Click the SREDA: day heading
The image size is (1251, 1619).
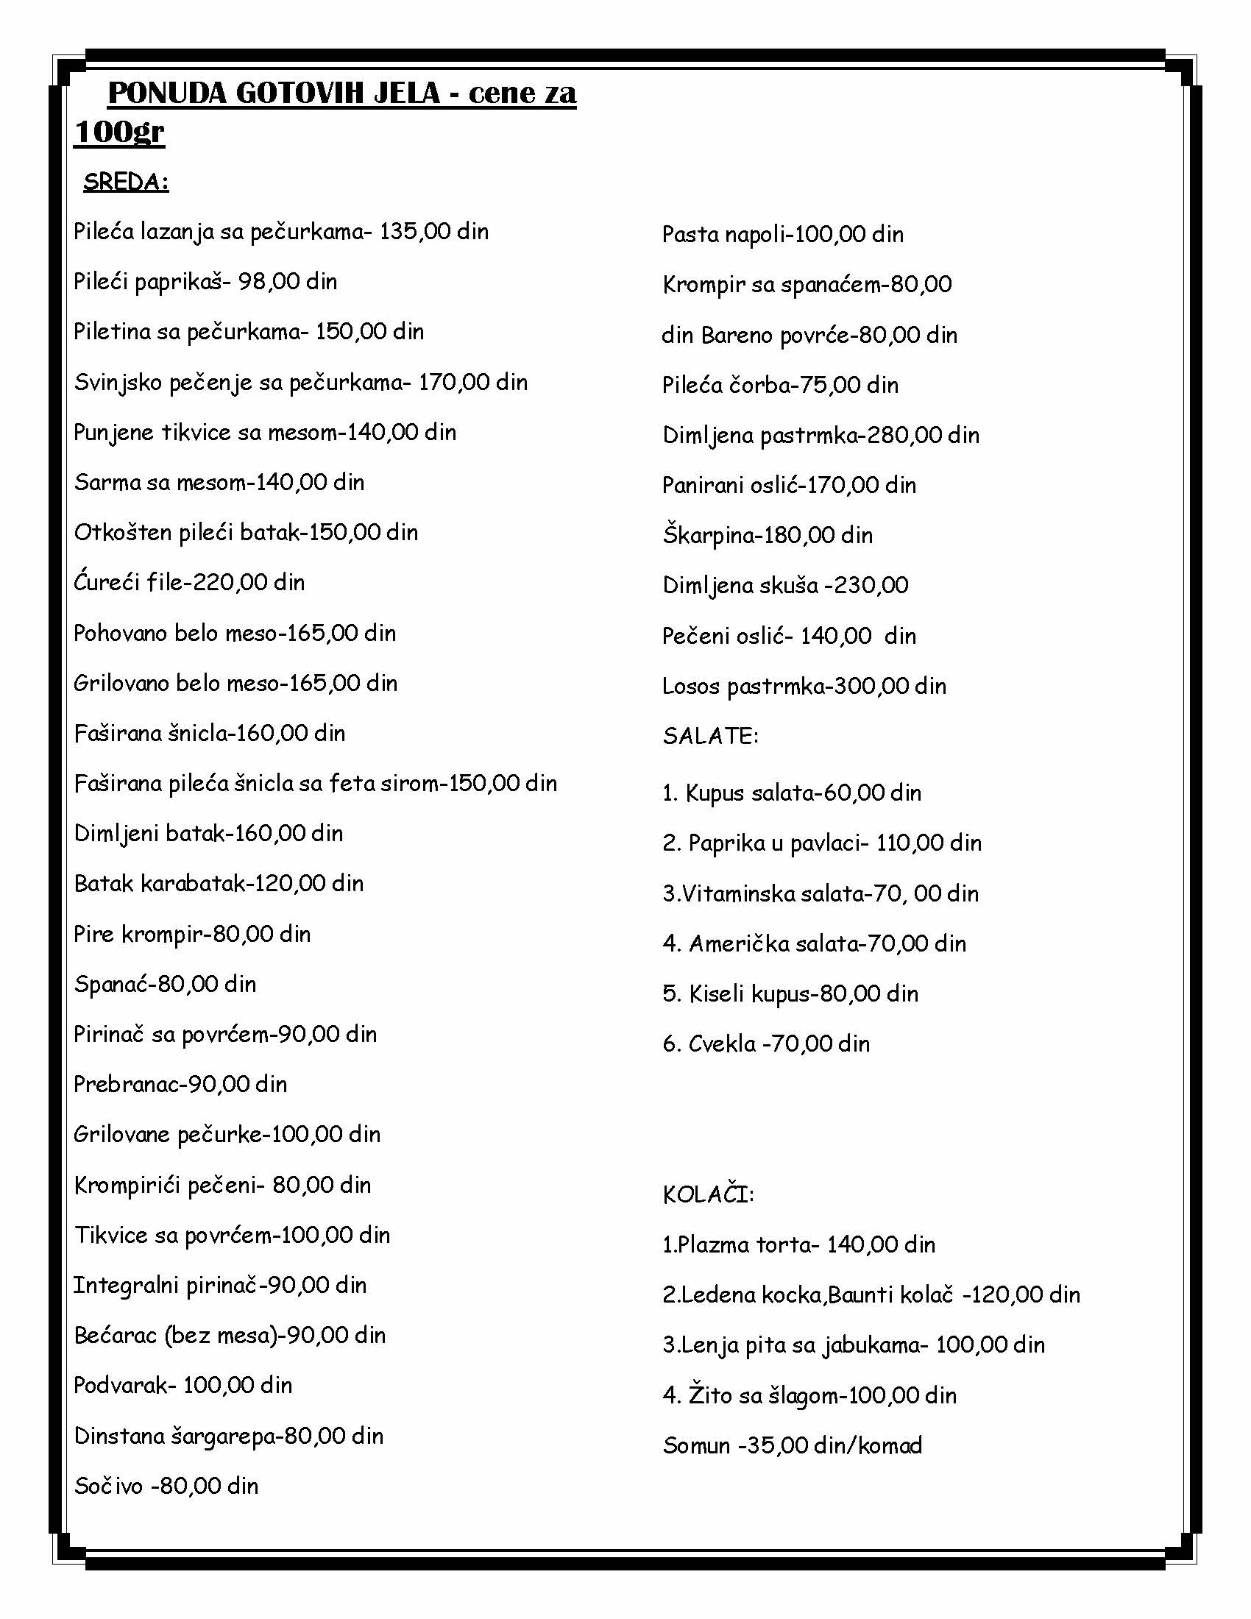(126, 183)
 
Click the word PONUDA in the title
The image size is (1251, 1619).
(168, 93)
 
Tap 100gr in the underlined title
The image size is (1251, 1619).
(119, 132)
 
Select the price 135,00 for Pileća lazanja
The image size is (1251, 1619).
(415, 232)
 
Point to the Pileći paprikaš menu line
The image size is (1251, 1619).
(205, 282)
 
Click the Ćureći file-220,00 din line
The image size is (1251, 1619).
(189, 583)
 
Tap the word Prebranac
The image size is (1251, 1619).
(126, 1085)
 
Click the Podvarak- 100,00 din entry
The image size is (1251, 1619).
(183, 1386)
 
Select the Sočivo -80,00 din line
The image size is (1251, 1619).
(166, 1487)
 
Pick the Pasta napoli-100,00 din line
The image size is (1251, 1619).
(783, 235)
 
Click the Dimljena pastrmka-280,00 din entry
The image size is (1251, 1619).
(821, 435)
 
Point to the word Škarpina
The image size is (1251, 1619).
(706, 535)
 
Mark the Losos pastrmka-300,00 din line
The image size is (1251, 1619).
(804, 687)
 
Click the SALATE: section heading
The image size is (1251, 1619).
(710, 736)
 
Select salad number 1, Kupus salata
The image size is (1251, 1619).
(792, 793)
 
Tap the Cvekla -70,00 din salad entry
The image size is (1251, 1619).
(765, 1044)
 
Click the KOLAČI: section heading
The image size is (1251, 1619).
(708, 1195)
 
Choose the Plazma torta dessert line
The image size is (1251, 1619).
(798, 1244)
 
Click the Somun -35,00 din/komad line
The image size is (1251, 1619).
(793, 1445)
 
